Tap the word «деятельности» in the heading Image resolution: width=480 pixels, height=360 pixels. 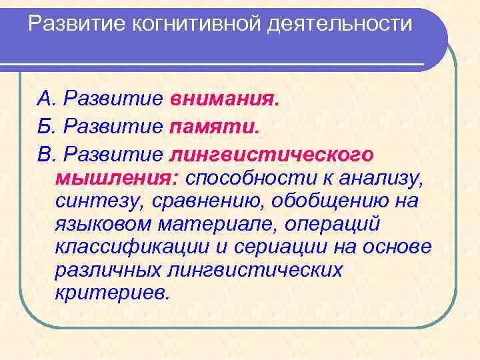click(339, 25)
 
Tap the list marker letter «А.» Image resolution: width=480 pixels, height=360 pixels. click(46, 99)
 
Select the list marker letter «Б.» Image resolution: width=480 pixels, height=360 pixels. click(46, 127)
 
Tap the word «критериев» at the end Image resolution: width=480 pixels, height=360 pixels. click(113, 293)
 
